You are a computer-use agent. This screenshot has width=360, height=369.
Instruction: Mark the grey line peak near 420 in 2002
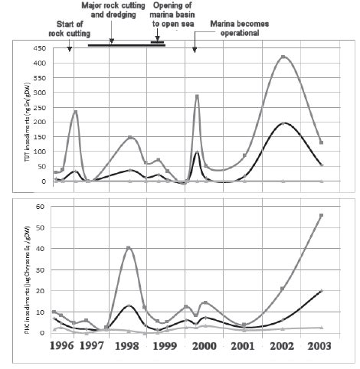(283, 57)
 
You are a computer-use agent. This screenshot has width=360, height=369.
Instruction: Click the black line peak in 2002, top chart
(283, 122)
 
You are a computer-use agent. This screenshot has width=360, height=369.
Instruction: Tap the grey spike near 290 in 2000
(197, 96)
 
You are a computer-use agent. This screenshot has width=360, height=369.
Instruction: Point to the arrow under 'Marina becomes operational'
(195, 47)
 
